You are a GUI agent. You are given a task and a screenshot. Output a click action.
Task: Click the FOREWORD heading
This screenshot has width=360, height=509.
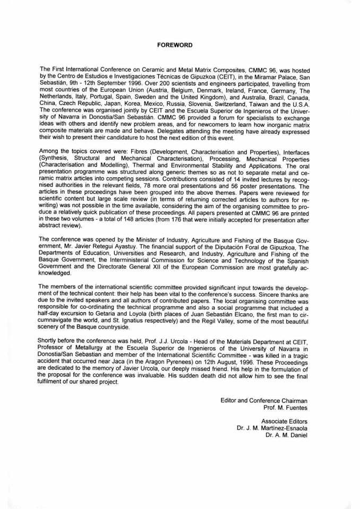click(x=175, y=45)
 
